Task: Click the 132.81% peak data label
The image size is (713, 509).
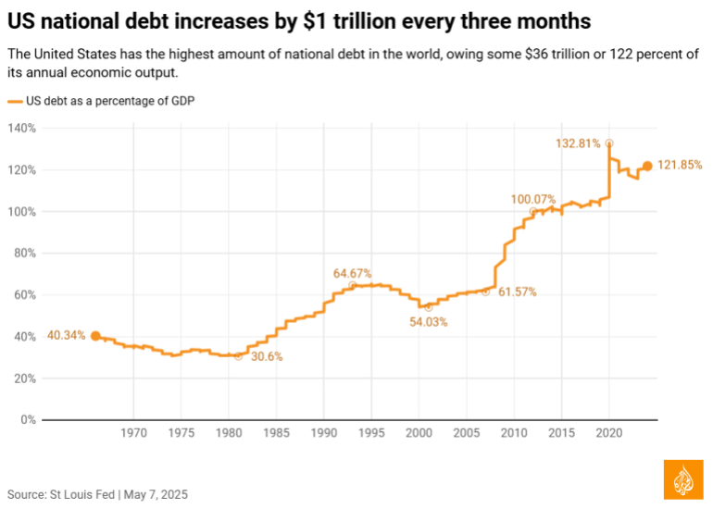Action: (x=579, y=143)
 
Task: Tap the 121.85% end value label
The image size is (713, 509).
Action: (x=680, y=166)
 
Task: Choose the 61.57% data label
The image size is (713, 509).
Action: (x=517, y=292)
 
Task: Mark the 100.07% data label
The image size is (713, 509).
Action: (x=533, y=199)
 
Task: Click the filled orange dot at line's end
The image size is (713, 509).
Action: (x=647, y=166)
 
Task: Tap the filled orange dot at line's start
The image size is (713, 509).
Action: (x=95, y=336)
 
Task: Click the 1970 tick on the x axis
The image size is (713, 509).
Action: (x=133, y=432)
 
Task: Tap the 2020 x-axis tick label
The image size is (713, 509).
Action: (x=609, y=432)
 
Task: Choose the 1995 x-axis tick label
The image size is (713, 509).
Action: (x=371, y=432)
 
